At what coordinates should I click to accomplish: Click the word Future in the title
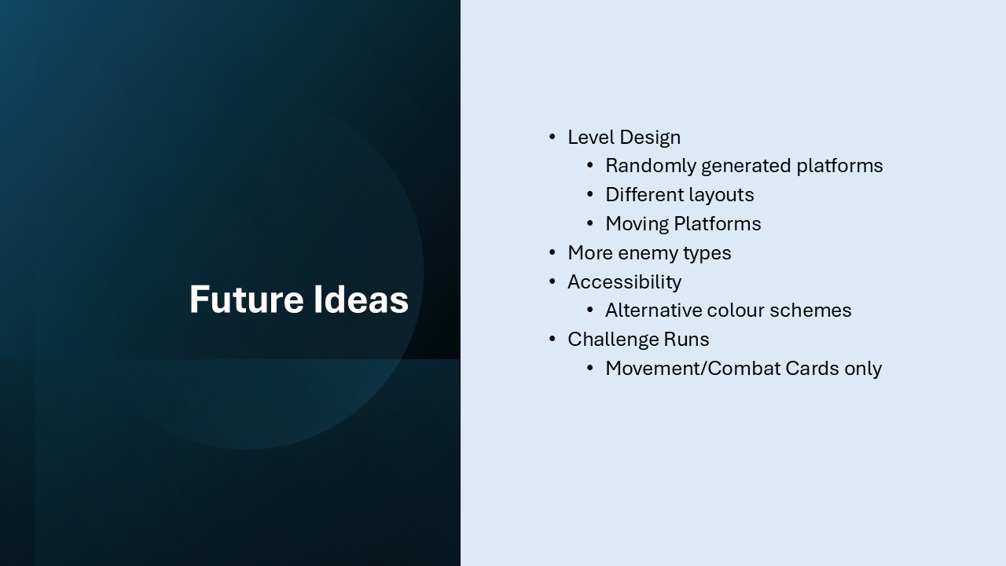(247, 300)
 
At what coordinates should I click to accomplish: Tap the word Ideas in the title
(361, 300)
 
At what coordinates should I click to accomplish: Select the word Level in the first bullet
(590, 137)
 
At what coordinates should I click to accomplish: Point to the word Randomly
(651, 166)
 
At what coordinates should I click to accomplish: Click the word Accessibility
(625, 282)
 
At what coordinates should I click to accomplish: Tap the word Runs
(687, 340)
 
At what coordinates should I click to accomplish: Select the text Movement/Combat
(693, 369)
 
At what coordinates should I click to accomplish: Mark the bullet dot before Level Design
(553, 137)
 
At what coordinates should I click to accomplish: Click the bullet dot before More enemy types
(553, 252)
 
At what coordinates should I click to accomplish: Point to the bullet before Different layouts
(590, 194)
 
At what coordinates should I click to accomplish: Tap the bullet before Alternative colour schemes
(590, 310)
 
